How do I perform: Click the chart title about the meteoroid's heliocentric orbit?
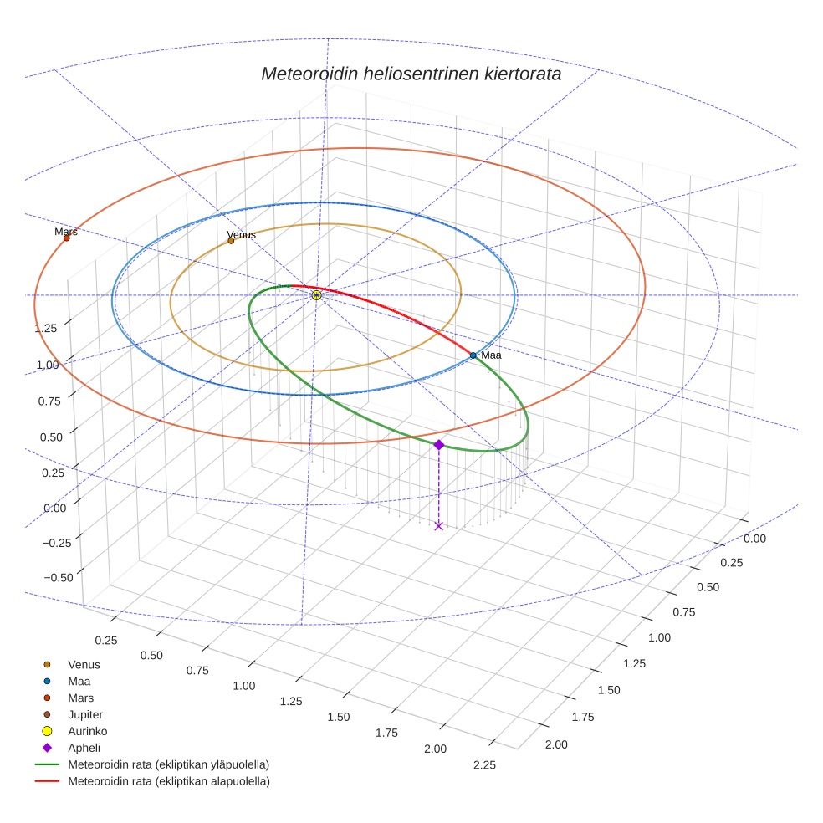pyautogui.click(x=411, y=74)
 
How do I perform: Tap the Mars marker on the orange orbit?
pyautogui.click(x=67, y=238)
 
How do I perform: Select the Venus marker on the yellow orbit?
pyautogui.click(x=232, y=241)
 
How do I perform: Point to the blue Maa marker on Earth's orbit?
pyautogui.click(x=473, y=355)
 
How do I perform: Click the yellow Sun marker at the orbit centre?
pyautogui.click(x=317, y=295)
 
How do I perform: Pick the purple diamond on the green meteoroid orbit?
pyautogui.click(x=438, y=445)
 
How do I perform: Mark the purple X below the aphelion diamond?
pyautogui.click(x=439, y=525)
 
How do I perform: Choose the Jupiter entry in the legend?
pyautogui.click(x=84, y=714)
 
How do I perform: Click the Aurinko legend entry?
pyautogui.click(x=87, y=731)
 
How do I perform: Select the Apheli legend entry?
pyautogui.click(x=84, y=748)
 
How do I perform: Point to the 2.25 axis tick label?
pyautogui.click(x=484, y=764)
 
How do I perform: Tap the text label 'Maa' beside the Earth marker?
pyautogui.click(x=491, y=355)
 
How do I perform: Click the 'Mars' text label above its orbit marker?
pyautogui.click(x=66, y=232)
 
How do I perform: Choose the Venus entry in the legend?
pyautogui.click(x=84, y=664)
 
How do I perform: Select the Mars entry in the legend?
pyautogui.click(x=80, y=698)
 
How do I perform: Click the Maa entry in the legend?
pyautogui.click(x=79, y=681)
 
